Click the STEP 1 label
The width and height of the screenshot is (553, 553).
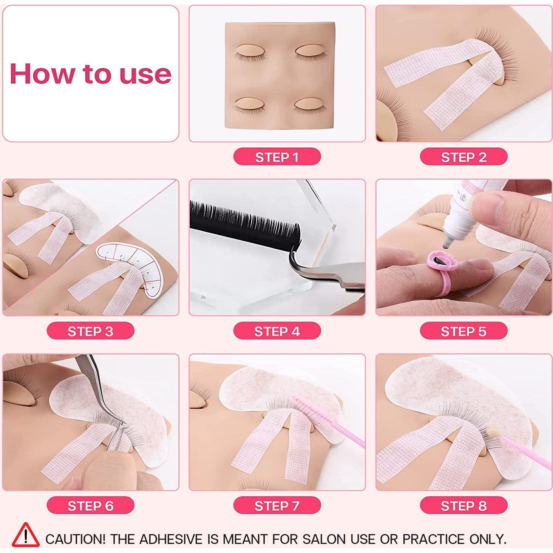[277, 157]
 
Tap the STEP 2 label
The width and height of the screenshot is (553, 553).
[463, 157]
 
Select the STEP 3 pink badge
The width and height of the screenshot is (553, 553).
[90, 331]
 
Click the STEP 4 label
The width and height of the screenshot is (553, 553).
[277, 331]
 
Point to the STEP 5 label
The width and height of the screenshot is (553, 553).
[463, 331]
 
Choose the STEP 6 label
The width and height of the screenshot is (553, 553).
[90, 506]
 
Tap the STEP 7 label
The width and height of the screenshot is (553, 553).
[277, 506]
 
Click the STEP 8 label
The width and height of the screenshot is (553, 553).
[463, 506]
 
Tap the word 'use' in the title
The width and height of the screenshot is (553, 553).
[145, 74]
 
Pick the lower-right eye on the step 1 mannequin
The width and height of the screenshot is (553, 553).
[308, 104]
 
